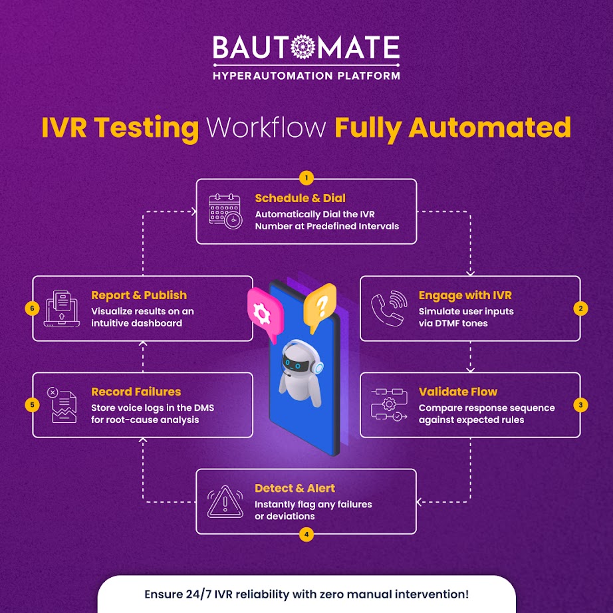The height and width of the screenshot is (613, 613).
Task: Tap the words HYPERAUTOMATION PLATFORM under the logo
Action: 306,75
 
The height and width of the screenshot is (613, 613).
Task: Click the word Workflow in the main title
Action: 267,127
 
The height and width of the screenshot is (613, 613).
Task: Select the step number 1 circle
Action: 306,178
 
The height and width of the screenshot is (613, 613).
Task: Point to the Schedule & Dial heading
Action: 301,198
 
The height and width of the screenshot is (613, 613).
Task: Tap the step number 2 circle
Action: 580,308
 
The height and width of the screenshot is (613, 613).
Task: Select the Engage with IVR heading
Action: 465,295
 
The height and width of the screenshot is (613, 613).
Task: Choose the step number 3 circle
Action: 580,404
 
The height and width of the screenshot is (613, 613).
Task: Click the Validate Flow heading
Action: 458,392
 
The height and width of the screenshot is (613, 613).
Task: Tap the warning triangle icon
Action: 225,501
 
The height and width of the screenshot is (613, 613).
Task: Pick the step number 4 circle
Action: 306,534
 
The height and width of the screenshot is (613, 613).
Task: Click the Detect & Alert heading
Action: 295,489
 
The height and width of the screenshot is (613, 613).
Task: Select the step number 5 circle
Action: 33,404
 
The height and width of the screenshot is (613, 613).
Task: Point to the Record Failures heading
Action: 136,392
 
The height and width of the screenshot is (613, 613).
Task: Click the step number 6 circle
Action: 33,308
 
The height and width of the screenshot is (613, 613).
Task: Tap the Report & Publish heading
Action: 139,295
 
